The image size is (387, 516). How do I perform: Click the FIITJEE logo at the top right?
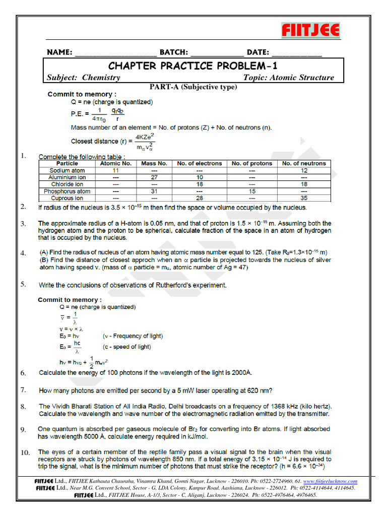(x=310, y=30)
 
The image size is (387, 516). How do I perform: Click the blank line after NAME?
(x=115, y=53)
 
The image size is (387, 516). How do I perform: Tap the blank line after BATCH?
(x=217, y=53)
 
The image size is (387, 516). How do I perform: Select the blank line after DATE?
(x=297, y=53)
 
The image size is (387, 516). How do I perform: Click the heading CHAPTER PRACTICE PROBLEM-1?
(x=193, y=66)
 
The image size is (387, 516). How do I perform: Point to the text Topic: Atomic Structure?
(x=288, y=78)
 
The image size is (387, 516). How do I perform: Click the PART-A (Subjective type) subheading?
(x=193, y=87)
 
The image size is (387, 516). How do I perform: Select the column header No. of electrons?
(x=199, y=163)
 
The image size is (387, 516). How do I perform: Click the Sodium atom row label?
(x=67, y=170)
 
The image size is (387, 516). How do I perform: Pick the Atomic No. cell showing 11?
(x=116, y=170)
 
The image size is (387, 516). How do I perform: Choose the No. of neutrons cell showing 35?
(x=304, y=199)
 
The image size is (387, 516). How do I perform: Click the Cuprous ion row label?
(x=67, y=199)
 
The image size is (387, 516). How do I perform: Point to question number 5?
(x=23, y=284)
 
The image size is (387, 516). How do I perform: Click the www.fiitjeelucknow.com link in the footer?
(x=330, y=481)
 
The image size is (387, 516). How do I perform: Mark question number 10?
(x=25, y=453)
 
